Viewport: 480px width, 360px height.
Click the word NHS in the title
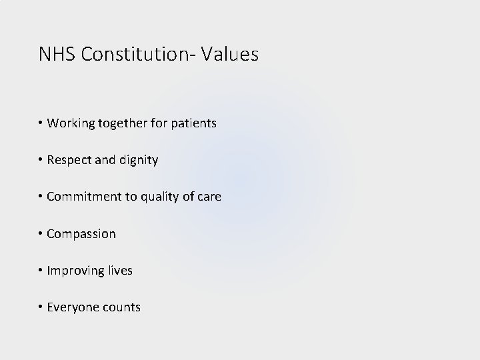[57, 55]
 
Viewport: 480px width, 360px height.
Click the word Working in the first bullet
[69, 123]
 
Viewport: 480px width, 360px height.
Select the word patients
[193, 124]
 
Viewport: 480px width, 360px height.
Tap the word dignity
[137, 161]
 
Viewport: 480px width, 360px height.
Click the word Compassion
[81, 234]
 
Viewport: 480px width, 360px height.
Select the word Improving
[73, 271]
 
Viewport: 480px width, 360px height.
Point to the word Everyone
[71, 307]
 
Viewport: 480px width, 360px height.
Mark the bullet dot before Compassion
[41, 234]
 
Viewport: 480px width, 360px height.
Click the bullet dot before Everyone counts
[41, 307]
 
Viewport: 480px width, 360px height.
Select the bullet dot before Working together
[41, 123]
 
